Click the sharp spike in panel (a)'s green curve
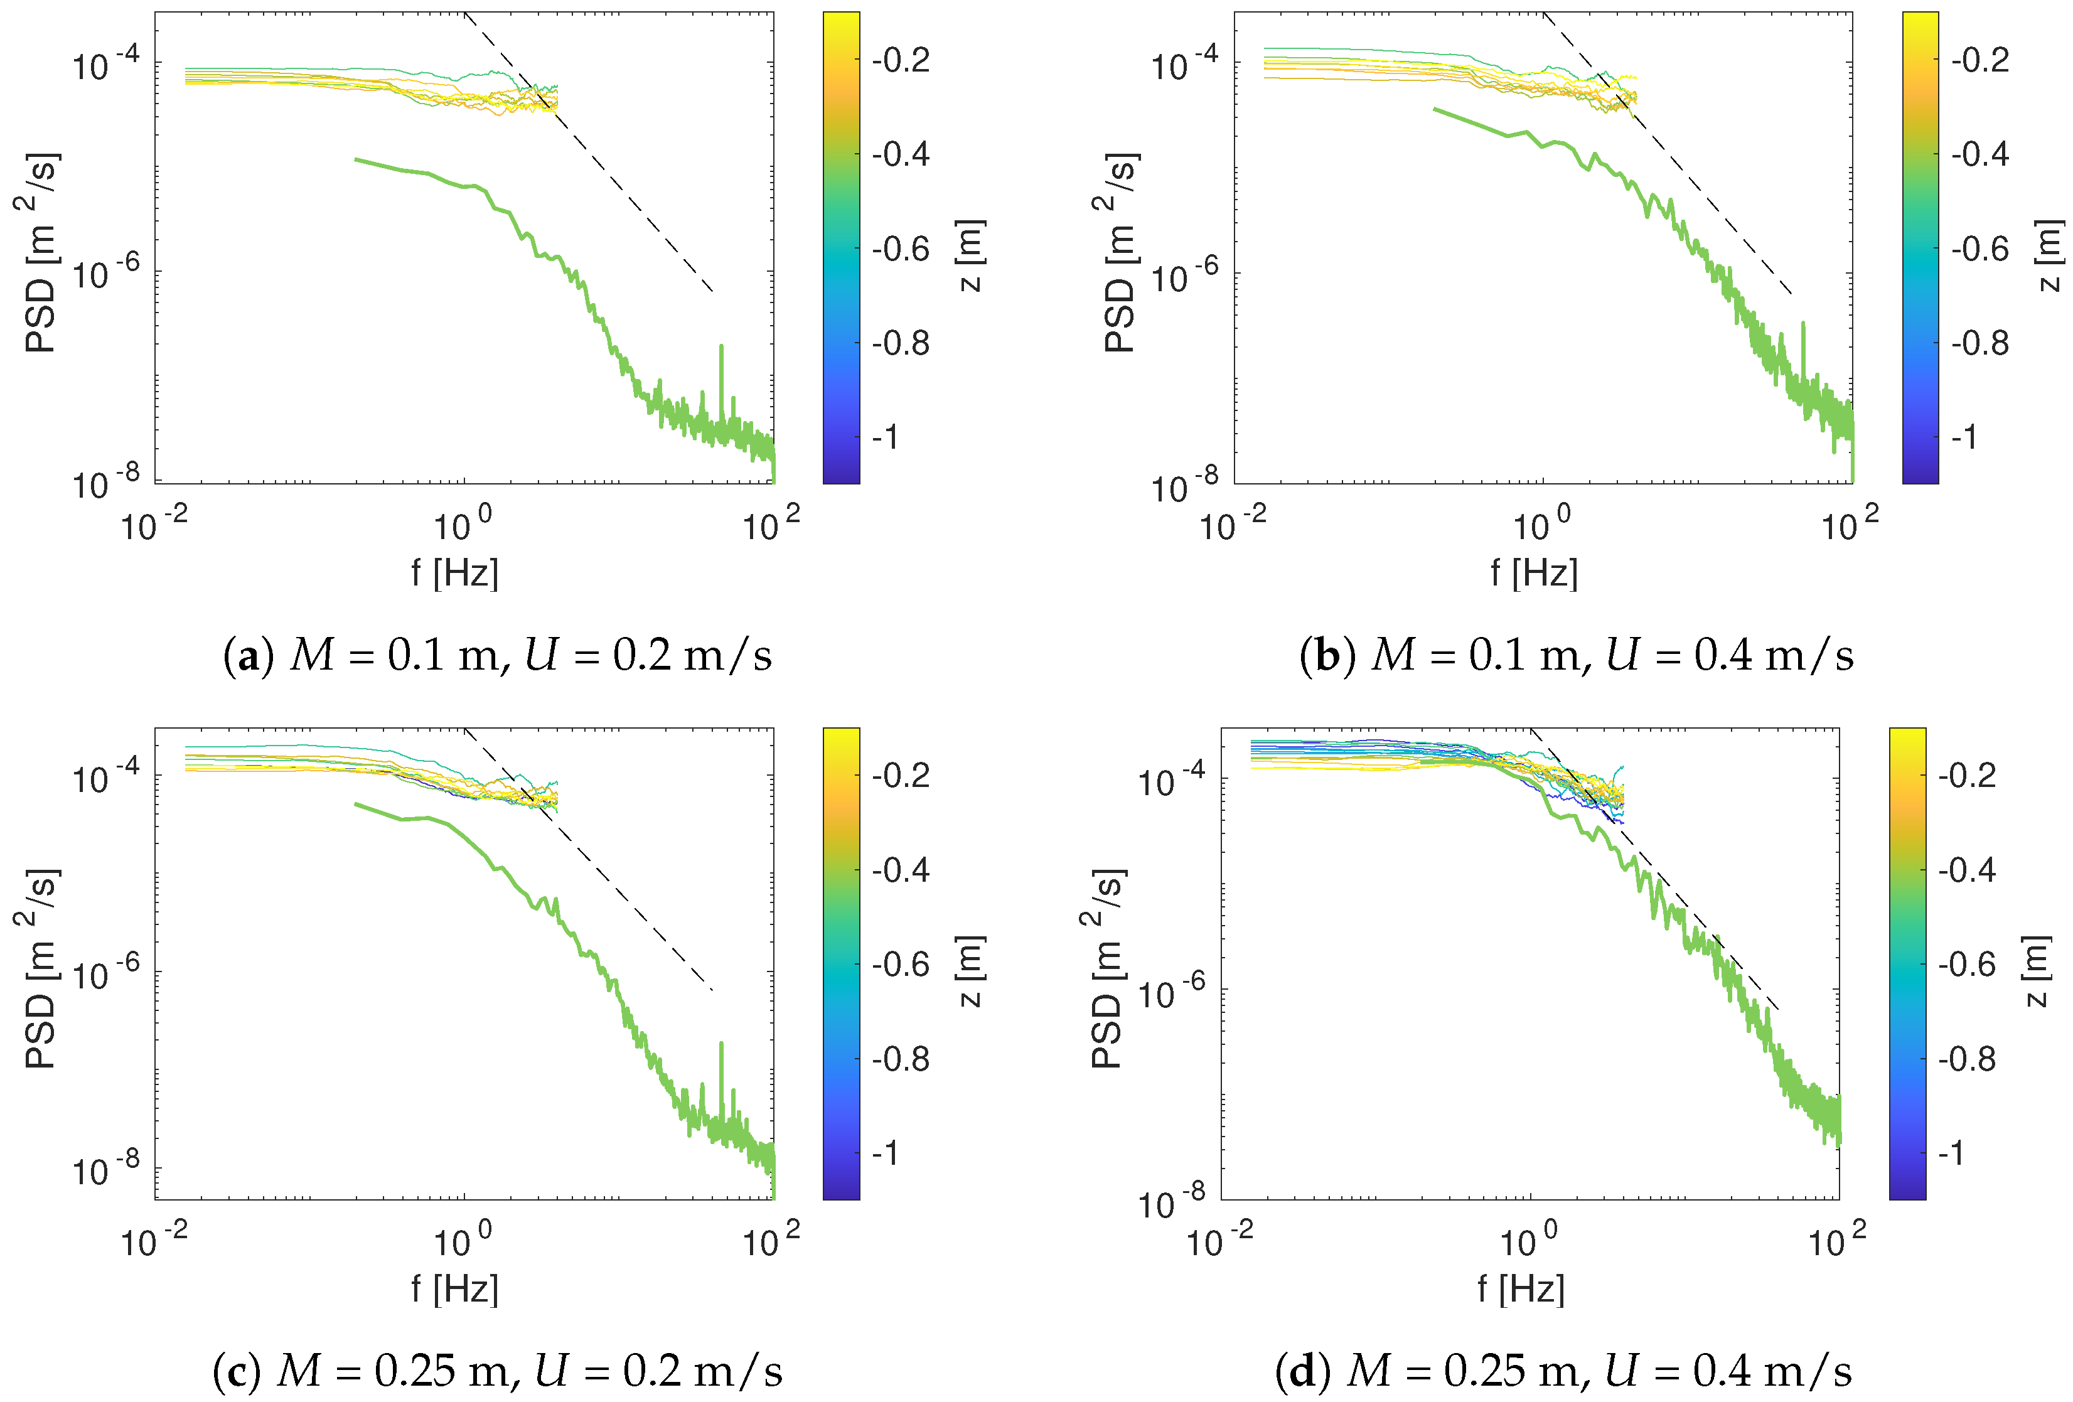point(720,348)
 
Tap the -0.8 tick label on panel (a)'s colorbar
point(901,343)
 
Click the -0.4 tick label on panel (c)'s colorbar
point(901,870)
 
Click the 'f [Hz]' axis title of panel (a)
point(455,572)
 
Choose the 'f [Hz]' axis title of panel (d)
point(1521,1289)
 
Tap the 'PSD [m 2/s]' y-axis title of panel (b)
point(1120,254)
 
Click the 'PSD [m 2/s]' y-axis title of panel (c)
point(41,968)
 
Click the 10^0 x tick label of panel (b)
point(1542,525)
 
